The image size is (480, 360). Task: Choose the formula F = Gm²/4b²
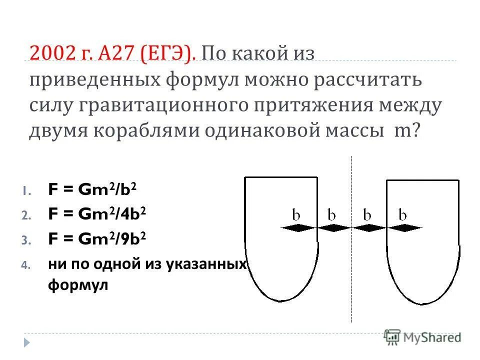pyautogui.click(x=97, y=214)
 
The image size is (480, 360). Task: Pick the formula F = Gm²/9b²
pyautogui.click(x=97, y=239)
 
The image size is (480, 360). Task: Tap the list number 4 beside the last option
pyautogui.click(x=27, y=265)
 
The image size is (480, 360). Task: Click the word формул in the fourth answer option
pyautogui.click(x=78, y=286)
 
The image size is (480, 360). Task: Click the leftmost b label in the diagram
pyautogui.click(x=296, y=215)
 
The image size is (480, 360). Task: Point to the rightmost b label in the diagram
pyautogui.click(x=402, y=215)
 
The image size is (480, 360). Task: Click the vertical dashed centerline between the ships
pyautogui.click(x=351, y=280)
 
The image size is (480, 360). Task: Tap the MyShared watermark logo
pyautogui.click(x=422, y=337)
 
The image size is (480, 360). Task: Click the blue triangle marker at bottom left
pyautogui.click(x=27, y=342)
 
